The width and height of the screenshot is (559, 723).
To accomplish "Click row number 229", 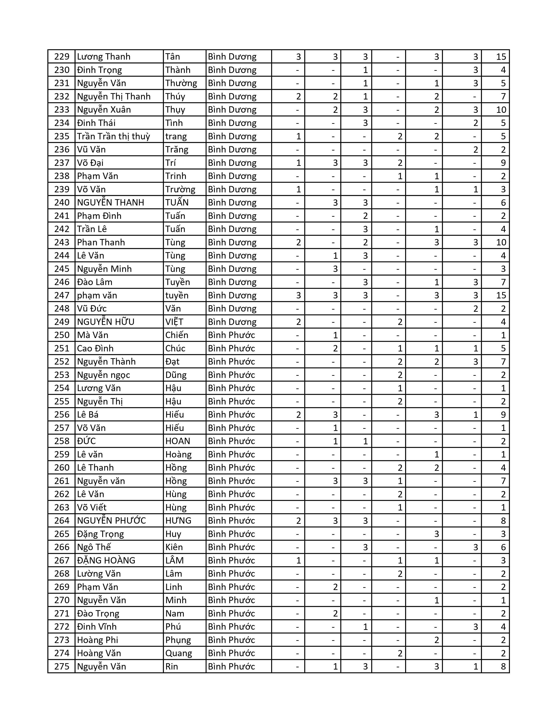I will tap(62, 57).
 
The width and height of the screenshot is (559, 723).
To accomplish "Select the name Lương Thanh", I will tap(104, 57).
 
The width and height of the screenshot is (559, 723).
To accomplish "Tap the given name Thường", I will tap(181, 83).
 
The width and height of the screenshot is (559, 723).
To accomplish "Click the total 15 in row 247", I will tap(501, 295).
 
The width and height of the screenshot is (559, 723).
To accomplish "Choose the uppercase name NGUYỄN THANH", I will tap(111, 203).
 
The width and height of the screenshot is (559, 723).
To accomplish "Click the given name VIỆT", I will tap(174, 322).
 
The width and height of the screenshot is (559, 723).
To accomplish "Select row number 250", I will tap(62, 335).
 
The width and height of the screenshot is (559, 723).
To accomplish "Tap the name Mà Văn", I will tap(93, 335).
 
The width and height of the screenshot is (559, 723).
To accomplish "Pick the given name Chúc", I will tap(175, 348).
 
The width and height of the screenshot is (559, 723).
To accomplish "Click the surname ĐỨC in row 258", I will tap(86, 441).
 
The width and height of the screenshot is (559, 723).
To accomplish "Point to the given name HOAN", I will tap(178, 441).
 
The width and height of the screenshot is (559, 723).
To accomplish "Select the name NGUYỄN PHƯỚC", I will tap(112, 520).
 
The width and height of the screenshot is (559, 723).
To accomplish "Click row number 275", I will tap(62, 666).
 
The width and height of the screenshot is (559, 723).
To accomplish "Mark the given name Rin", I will tap(172, 666).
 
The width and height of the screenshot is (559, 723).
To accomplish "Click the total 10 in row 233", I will tap(501, 110).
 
